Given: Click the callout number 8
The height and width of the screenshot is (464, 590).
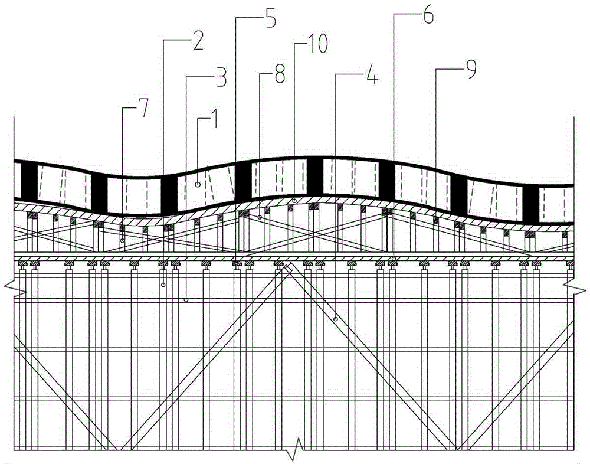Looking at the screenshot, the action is click(x=279, y=73).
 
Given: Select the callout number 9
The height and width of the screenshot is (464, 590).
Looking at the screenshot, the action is click(x=470, y=69).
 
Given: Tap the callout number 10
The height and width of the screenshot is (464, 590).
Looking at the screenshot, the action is click(x=316, y=44).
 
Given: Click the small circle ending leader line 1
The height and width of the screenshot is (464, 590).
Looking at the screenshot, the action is click(x=197, y=184).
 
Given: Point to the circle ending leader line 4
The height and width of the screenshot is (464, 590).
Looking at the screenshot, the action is click(x=335, y=319).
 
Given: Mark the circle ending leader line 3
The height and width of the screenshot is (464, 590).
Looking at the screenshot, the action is click(x=186, y=300).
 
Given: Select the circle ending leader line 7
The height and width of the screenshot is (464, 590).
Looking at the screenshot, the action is click(x=122, y=240).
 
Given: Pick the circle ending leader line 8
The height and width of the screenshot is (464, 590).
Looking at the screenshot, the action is click(x=259, y=217).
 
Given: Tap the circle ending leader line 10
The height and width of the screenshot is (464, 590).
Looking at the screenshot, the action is click(x=294, y=200).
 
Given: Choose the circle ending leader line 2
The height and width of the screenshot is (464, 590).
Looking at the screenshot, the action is click(x=163, y=285).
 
